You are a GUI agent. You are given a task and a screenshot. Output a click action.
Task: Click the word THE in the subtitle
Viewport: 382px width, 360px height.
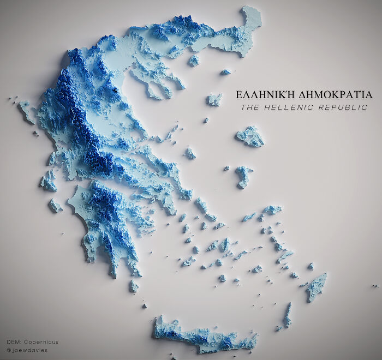[250, 107]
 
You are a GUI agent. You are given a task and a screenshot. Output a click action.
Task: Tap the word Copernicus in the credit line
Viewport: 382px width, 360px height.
[41, 342]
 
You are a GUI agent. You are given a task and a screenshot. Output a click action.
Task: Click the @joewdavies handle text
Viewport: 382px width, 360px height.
[27, 350]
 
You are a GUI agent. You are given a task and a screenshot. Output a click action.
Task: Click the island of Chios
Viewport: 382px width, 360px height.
[243, 176]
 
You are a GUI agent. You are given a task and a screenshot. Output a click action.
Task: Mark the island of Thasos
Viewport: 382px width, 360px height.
[194, 59]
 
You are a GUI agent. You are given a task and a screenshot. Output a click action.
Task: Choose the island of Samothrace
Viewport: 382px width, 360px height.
[225, 71]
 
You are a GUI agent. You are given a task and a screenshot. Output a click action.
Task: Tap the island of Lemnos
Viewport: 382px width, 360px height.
[214, 99]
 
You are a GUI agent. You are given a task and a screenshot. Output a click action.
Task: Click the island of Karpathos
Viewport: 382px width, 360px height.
[287, 316]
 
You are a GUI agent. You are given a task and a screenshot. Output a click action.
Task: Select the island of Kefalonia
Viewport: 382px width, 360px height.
[48, 181]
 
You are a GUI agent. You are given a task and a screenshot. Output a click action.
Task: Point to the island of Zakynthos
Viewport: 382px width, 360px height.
[55, 206]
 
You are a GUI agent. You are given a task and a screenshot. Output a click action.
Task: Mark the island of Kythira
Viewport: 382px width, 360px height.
[134, 286]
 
